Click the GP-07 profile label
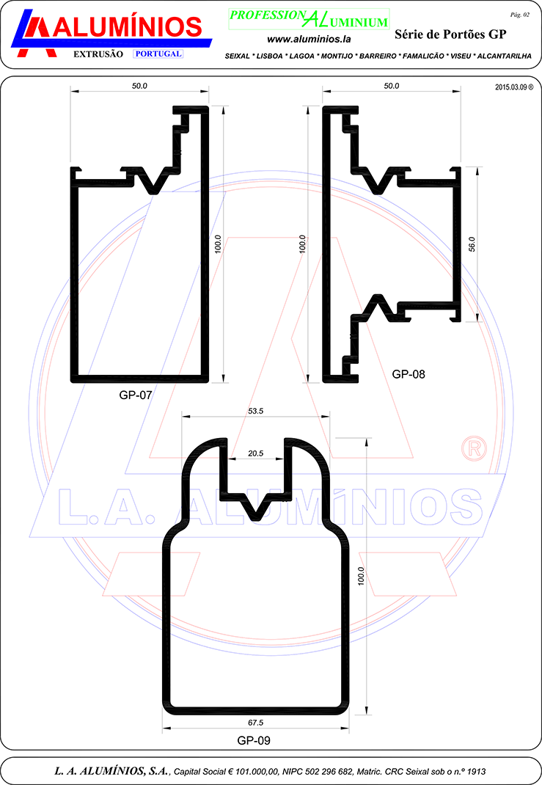(135, 395)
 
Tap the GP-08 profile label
(409, 374)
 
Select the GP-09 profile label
(254, 740)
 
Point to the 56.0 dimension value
(472, 244)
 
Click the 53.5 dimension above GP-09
(256, 411)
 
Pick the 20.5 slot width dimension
(256, 453)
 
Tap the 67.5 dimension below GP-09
(256, 723)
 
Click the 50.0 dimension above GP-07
(139, 86)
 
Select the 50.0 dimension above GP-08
(392, 86)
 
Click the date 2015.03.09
(511, 87)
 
